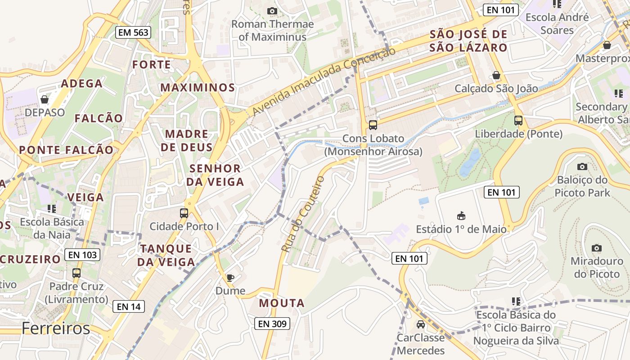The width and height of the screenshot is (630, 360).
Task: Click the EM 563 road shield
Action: click(x=133, y=32)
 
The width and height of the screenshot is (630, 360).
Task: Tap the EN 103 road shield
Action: click(x=82, y=255)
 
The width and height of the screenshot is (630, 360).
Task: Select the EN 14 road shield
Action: click(x=129, y=307)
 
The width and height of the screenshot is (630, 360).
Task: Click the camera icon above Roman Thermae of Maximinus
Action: click(x=272, y=11)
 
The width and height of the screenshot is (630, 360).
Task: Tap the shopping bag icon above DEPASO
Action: click(x=45, y=99)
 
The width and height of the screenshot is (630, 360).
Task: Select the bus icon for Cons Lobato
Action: click(x=373, y=125)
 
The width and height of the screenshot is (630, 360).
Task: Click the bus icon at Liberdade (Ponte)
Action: click(x=518, y=121)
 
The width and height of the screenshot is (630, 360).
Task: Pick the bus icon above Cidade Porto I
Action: click(x=184, y=213)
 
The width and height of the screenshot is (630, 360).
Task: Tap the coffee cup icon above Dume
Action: click(x=230, y=278)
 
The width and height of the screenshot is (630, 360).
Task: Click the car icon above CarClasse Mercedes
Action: click(x=420, y=324)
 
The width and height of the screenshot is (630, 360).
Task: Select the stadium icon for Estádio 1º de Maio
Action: click(x=461, y=216)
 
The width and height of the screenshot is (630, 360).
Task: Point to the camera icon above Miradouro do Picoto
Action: click(x=597, y=248)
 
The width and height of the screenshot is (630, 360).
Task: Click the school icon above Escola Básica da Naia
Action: click(x=52, y=208)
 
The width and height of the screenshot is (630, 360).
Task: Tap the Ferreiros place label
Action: click(x=56, y=328)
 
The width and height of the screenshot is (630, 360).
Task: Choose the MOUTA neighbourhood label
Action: click(x=282, y=303)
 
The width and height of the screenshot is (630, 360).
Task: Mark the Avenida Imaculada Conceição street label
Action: click(x=324, y=81)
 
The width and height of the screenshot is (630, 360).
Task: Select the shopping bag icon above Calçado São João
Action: click(x=496, y=75)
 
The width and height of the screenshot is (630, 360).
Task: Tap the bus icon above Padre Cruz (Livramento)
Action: click(x=76, y=273)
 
